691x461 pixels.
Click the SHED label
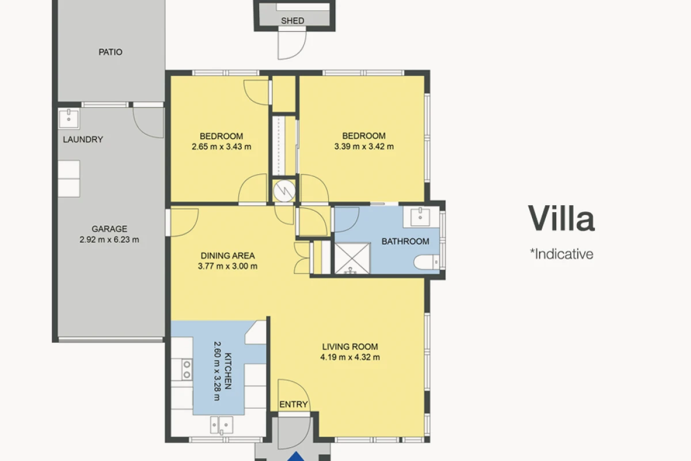tap(293, 21)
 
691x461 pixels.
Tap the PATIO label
tap(111, 52)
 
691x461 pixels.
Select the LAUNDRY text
tap(83, 139)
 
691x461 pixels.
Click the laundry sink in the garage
tap(69, 118)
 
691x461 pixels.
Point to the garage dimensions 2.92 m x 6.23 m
tap(109, 240)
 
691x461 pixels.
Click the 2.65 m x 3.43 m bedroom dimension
tap(222, 147)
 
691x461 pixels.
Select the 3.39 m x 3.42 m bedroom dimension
tap(364, 146)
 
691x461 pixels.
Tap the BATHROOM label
tap(405, 241)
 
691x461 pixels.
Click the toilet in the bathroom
tap(427, 262)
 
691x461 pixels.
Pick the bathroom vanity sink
tap(420, 217)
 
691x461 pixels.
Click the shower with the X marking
tap(352, 258)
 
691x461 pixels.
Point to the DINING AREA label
tap(227, 256)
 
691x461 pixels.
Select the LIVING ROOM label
tap(350, 346)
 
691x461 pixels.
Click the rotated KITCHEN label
tap(228, 371)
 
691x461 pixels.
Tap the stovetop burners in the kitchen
tap(187, 369)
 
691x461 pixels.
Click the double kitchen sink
tap(222, 425)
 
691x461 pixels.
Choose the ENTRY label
tap(293, 404)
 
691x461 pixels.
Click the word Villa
tap(561, 218)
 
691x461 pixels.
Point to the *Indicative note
tap(561, 254)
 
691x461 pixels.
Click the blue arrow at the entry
tap(296, 456)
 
